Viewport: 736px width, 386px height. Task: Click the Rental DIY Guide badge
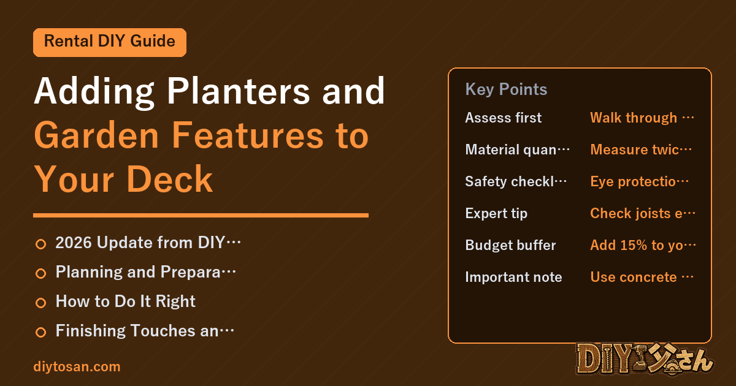(x=110, y=42)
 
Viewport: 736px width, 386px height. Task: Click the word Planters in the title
(x=238, y=91)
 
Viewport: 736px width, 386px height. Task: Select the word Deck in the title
(x=169, y=180)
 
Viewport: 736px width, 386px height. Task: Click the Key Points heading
(x=506, y=89)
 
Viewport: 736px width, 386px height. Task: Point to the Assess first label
(x=504, y=118)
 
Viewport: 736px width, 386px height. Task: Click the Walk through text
(x=642, y=118)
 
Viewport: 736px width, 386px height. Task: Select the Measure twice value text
(x=641, y=149)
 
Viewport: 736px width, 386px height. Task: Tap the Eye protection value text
(x=639, y=181)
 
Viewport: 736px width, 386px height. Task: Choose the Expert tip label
(x=496, y=213)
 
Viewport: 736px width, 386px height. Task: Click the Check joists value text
(x=643, y=213)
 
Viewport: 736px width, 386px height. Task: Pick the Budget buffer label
(x=510, y=245)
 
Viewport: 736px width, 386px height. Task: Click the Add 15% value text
(x=643, y=245)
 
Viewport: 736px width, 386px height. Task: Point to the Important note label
(x=513, y=277)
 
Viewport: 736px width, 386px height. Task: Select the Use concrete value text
(x=642, y=277)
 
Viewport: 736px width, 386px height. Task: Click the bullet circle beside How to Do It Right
(x=40, y=303)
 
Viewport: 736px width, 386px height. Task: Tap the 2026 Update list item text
(x=148, y=243)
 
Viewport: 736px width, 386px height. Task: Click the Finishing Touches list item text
(x=145, y=330)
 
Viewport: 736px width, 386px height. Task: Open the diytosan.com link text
(x=77, y=366)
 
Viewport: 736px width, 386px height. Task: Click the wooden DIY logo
(x=644, y=359)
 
